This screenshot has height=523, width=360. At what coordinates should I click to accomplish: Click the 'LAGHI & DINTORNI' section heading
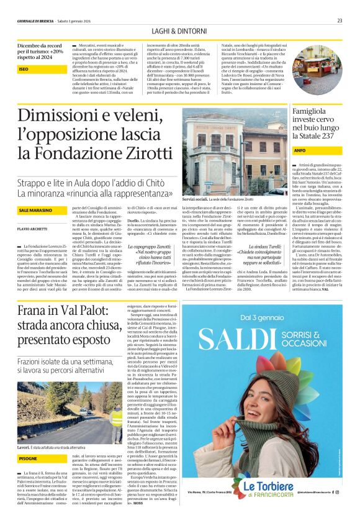[x=179, y=32]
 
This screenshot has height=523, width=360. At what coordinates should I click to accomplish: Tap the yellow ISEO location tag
[x=25, y=70]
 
